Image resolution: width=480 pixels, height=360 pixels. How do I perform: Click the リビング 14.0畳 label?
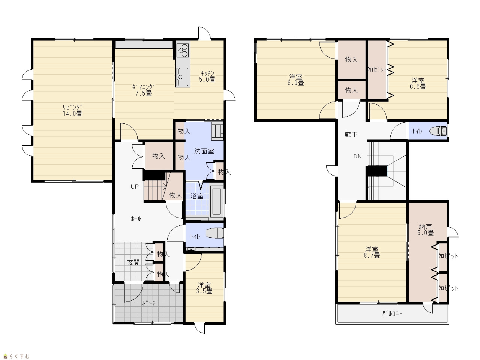coord(73,110)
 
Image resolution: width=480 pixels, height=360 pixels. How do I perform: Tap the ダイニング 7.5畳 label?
coord(143,90)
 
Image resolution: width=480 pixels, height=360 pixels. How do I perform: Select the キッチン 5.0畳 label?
coord(207,76)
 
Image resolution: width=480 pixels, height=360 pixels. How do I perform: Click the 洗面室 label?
coord(204,151)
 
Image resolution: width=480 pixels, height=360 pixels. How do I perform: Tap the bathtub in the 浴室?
coord(216,201)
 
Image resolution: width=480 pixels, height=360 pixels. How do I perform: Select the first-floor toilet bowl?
coord(214,233)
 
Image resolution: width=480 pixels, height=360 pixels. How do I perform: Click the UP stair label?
coord(135,186)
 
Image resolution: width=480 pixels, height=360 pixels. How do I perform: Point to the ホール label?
coord(136,219)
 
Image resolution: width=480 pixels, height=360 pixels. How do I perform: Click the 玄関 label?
coord(133,262)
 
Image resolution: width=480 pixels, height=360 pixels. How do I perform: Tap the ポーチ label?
coord(149,303)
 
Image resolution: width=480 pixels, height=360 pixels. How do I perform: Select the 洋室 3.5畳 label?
coord(204,288)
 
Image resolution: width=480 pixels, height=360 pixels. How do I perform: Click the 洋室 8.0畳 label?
coord(295,80)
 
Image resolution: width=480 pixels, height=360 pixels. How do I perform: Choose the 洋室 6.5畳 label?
coord(418,84)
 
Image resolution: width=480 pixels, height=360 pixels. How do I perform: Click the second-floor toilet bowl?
coord(438,131)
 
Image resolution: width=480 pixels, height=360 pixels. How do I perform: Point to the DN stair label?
coord(357,156)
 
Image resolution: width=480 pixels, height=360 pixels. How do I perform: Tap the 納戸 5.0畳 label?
coord(425,230)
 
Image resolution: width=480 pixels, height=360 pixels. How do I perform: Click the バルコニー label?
coord(392,313)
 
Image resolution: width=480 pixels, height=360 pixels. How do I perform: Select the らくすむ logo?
coord(17,356)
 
